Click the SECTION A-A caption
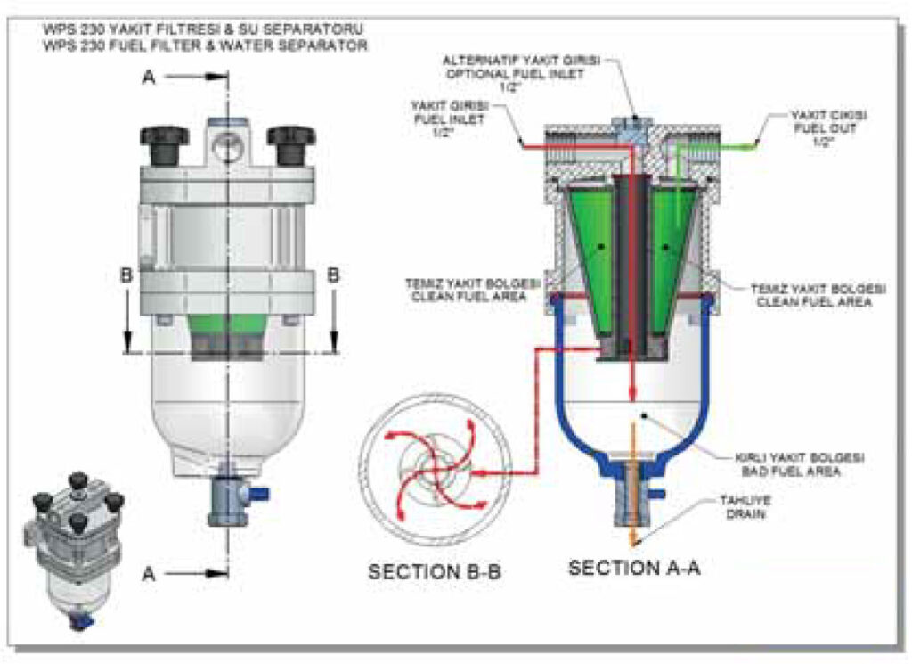click(634, 567)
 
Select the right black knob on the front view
click(291, 143)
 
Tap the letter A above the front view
click(151, 78)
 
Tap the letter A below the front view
click(150, 575)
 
